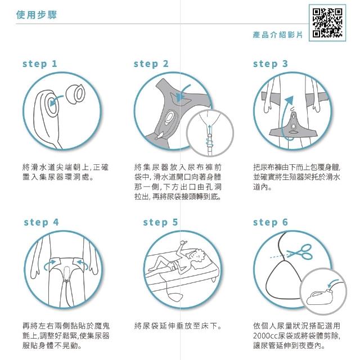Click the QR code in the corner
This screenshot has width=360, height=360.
(x=327, y=22)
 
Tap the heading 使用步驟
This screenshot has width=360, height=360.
(x=36, y=15)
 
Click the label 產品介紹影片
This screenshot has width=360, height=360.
(x=278, y=35)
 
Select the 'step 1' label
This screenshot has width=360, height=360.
(x=40, y=64)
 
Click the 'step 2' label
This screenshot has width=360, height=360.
(x=151, y=64)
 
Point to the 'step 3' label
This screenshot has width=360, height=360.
(x=270, y=64)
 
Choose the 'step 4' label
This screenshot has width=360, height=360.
(x=41, y=222)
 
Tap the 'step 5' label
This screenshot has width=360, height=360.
(x=160, y=222)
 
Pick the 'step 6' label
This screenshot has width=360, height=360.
(x=270, y=222)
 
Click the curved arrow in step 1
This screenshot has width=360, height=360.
(x=56, y=99)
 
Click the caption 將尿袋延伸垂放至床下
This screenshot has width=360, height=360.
(x=178, y=326)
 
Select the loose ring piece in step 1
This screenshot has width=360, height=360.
(x=75, y=94)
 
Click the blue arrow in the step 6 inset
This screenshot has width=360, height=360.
(x=333, y=283)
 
